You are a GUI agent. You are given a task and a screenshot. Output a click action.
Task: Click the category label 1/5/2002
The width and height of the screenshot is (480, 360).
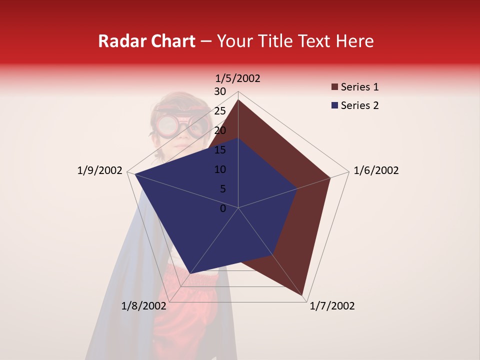(x=238, y=78)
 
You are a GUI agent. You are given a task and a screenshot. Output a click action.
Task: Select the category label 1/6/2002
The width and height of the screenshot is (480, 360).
(x=376, y=170)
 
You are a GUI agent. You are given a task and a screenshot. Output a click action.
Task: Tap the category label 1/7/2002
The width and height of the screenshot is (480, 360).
(x=332, y=306)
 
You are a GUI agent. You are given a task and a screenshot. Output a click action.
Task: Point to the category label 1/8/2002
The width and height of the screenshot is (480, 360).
(x=143, y=306)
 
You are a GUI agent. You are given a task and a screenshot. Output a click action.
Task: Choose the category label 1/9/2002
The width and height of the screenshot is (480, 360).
(x=100, y=170)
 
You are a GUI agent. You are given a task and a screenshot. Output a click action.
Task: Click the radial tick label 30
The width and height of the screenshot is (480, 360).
(x=220, y=91)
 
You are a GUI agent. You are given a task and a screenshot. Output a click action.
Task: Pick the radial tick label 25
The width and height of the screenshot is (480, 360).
(x=220, y=111)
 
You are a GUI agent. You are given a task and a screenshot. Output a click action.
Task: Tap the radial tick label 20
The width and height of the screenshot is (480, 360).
(x=220, y=130)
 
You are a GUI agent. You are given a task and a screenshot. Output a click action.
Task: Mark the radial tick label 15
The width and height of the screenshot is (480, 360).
(x=220, y=150)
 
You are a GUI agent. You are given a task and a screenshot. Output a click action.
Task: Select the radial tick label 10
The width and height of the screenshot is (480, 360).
(x=220, y=169)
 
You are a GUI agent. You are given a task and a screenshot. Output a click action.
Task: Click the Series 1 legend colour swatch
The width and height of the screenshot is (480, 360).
(x=334, y=87)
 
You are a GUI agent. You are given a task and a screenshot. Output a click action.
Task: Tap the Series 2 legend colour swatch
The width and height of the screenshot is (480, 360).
(x=334, y=105)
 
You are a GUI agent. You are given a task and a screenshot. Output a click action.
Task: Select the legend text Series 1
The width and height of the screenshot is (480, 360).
(x=359, y=87)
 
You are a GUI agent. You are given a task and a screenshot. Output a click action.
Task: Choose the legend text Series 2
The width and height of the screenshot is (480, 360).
(x=359, y=105)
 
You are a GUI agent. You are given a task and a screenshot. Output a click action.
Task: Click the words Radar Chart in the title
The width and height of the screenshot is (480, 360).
(x=146, y=41)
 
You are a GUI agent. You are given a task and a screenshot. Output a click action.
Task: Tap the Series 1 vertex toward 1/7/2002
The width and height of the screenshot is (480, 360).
(x=303, y=294)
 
